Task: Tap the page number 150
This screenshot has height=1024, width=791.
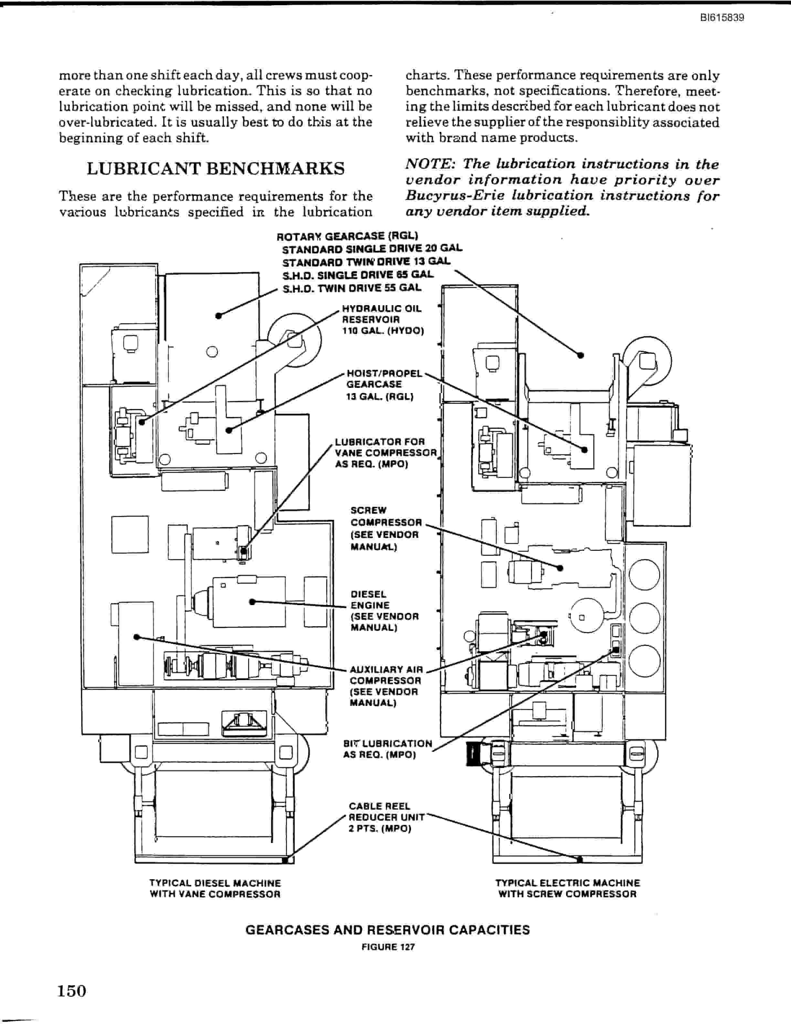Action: pos(72,991)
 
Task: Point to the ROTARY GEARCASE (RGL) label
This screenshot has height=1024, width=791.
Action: pos(347,236)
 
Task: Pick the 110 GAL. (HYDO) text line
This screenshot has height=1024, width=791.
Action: pos(383,331)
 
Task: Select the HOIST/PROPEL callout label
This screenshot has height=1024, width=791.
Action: pos(384,374)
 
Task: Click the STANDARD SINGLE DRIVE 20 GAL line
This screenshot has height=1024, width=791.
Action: pos(372,249)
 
